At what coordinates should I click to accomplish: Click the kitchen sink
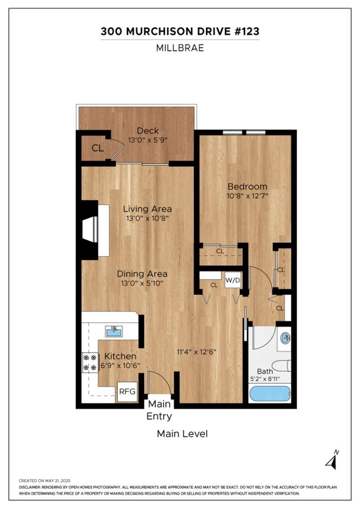click(114, 332)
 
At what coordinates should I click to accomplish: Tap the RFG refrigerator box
click(126, 391)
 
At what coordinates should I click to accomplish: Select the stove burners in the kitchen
click(87, 362)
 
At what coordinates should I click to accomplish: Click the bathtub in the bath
click(269, 394)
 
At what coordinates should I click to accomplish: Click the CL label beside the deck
click(98, 148)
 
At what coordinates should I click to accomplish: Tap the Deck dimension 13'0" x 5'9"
click(148, 140)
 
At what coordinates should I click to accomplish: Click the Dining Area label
click(142, 274)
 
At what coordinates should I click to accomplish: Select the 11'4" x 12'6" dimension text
click(196, 352)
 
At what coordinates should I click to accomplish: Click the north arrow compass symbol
click(332, 460)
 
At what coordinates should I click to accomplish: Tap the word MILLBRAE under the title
click(180, 48)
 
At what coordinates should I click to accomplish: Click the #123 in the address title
click(243, 32)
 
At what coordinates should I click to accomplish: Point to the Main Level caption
click(182, 434)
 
